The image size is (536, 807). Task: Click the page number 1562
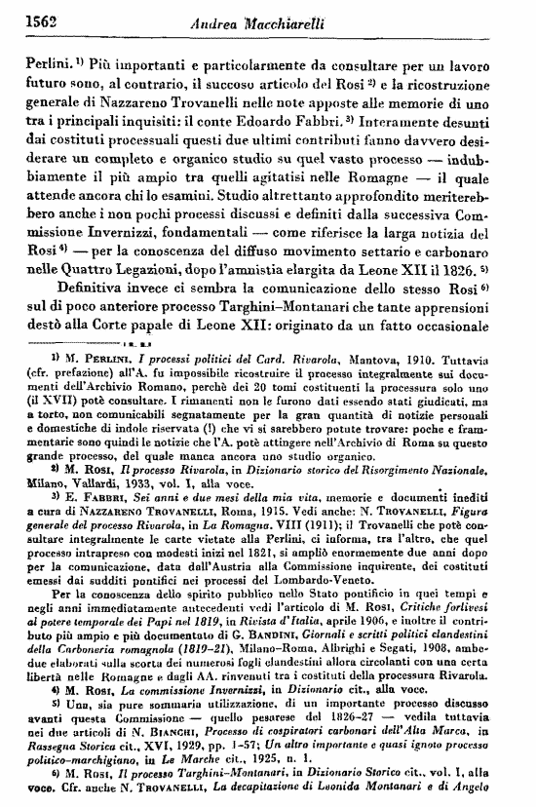coord(35,19)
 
